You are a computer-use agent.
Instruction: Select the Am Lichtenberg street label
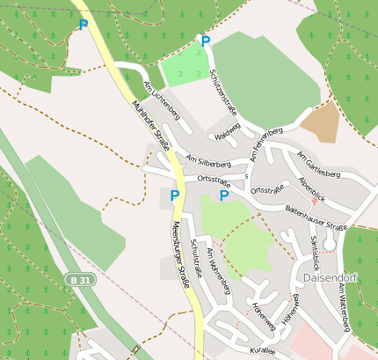[x=162, y=99]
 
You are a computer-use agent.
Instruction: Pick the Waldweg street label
[x=227, y=136]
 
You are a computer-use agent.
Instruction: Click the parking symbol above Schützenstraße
[x=206, y=41]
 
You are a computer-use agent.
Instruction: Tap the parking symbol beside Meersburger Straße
[x=175, y=195]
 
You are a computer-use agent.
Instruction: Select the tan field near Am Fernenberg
[x=321, y=122]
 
